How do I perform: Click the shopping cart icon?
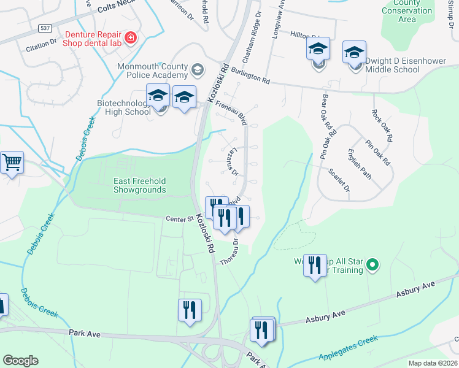12,163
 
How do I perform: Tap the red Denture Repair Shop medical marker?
130,39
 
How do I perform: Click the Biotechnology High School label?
124,107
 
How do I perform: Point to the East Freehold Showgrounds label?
139,185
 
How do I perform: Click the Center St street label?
179,218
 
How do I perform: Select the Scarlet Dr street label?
339,180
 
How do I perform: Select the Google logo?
21,361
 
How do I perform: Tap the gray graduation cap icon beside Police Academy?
197,69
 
